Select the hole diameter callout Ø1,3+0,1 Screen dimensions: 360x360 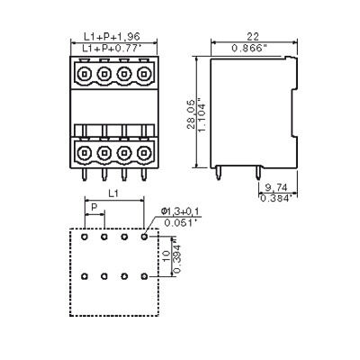pyautogui.click(x=182, y=211)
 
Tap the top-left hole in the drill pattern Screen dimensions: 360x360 pyautogui.click(x=84, y=238)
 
